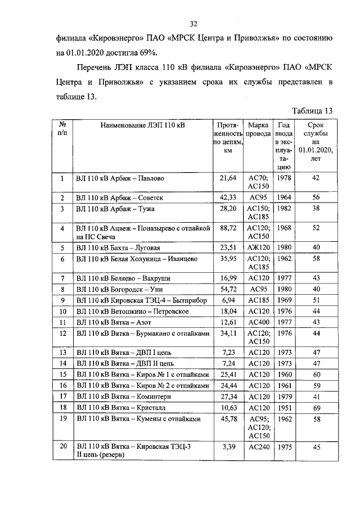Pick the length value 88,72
click(228, 228)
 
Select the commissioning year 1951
click(285, 407)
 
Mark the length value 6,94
click(228, 300)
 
